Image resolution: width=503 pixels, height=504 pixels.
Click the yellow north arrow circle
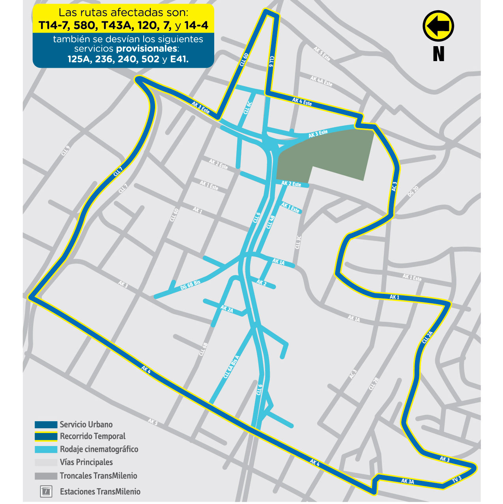coord(438,26)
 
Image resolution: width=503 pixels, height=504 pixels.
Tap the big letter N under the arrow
coord(438,54)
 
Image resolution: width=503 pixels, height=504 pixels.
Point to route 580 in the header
coord(85,26)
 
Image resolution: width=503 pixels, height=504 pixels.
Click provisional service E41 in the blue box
coord(179,59)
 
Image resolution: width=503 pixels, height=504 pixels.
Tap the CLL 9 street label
coord(65,150)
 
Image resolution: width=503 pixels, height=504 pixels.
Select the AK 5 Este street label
coord(322,54)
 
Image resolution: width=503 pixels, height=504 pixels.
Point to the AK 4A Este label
coord(321,81)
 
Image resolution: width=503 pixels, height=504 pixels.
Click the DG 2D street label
coord(413,192)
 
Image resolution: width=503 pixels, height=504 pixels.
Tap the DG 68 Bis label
coord(190,285)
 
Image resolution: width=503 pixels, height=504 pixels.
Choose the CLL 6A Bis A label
coord(231,367)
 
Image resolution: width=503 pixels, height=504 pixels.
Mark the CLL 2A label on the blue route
coord(427,338)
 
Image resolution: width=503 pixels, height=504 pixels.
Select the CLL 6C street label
coord(247,108)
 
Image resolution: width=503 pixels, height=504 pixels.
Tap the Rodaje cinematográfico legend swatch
coord(46,449)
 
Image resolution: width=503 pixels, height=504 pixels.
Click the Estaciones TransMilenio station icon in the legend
coord(46,491)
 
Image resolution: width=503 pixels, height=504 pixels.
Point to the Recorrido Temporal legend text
coord(92,436)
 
